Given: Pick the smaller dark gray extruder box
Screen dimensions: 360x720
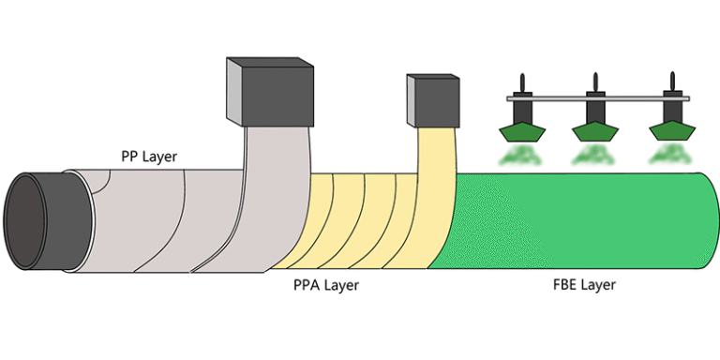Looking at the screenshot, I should pyautogui.click(x=433, y=101).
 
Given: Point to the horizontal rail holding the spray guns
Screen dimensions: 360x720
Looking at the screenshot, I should pyautogui.click(x=562, y=97).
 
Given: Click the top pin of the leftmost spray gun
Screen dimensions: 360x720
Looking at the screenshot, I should pyautogui.click(x=523, y=81).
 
